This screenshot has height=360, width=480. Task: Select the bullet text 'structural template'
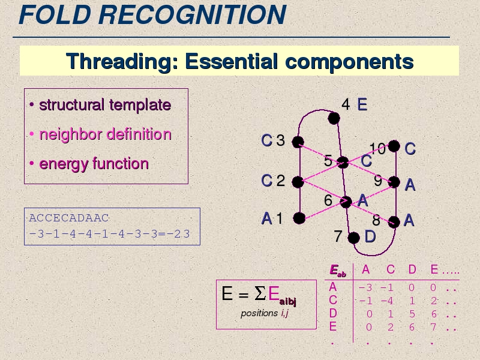[x=105, y=104]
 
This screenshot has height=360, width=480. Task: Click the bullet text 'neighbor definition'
[x=106, y=134]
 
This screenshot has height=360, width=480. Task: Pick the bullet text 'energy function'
[x=94, y=163]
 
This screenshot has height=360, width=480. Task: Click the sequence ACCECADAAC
[x=69, y=218]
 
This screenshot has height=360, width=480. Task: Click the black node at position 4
[x=334, y=118]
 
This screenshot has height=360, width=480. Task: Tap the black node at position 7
[x=353, y=238]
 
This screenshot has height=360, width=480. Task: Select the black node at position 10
[x=394, y=146]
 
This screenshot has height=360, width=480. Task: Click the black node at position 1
[x=299, y=218]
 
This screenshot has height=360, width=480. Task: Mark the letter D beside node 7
[x=370, y=236]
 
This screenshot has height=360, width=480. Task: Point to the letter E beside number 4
[x=362, y=104]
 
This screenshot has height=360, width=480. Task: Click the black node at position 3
[x=298, y=142]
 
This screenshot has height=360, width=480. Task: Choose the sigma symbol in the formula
[x=260, y=293]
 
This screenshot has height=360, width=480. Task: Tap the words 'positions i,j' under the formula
[x=265, y=313]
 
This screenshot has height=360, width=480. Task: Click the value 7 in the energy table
[x=433, y=327]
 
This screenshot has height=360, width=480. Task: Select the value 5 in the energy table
[x=412, y=314]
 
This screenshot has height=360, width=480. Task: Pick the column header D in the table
[x=412, y=269]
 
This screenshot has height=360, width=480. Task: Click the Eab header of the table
[x=338, y=271]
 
